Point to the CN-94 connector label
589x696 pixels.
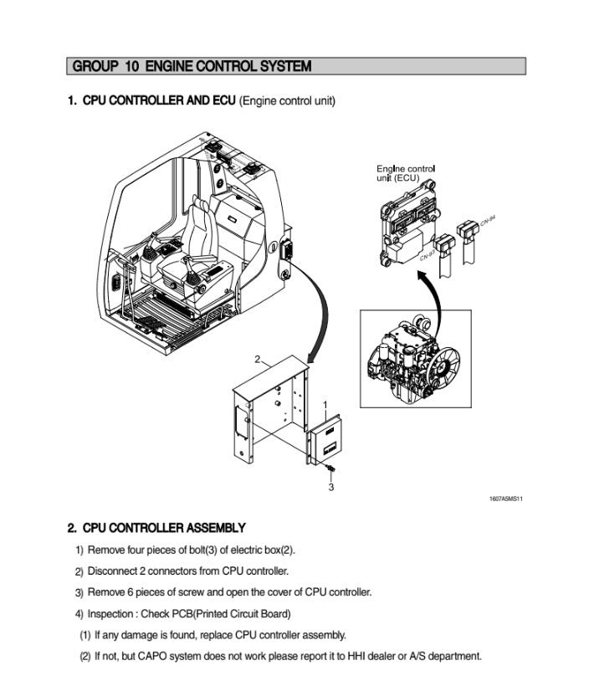point(488,220)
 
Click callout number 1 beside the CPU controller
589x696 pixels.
point(325,405)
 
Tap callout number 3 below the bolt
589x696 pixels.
point(331,486)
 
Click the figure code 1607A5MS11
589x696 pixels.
point(506,499)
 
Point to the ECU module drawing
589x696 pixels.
point(407,222)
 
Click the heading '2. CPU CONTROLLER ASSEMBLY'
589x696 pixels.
point(156,528)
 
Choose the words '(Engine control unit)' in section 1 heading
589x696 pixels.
point(287,101)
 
